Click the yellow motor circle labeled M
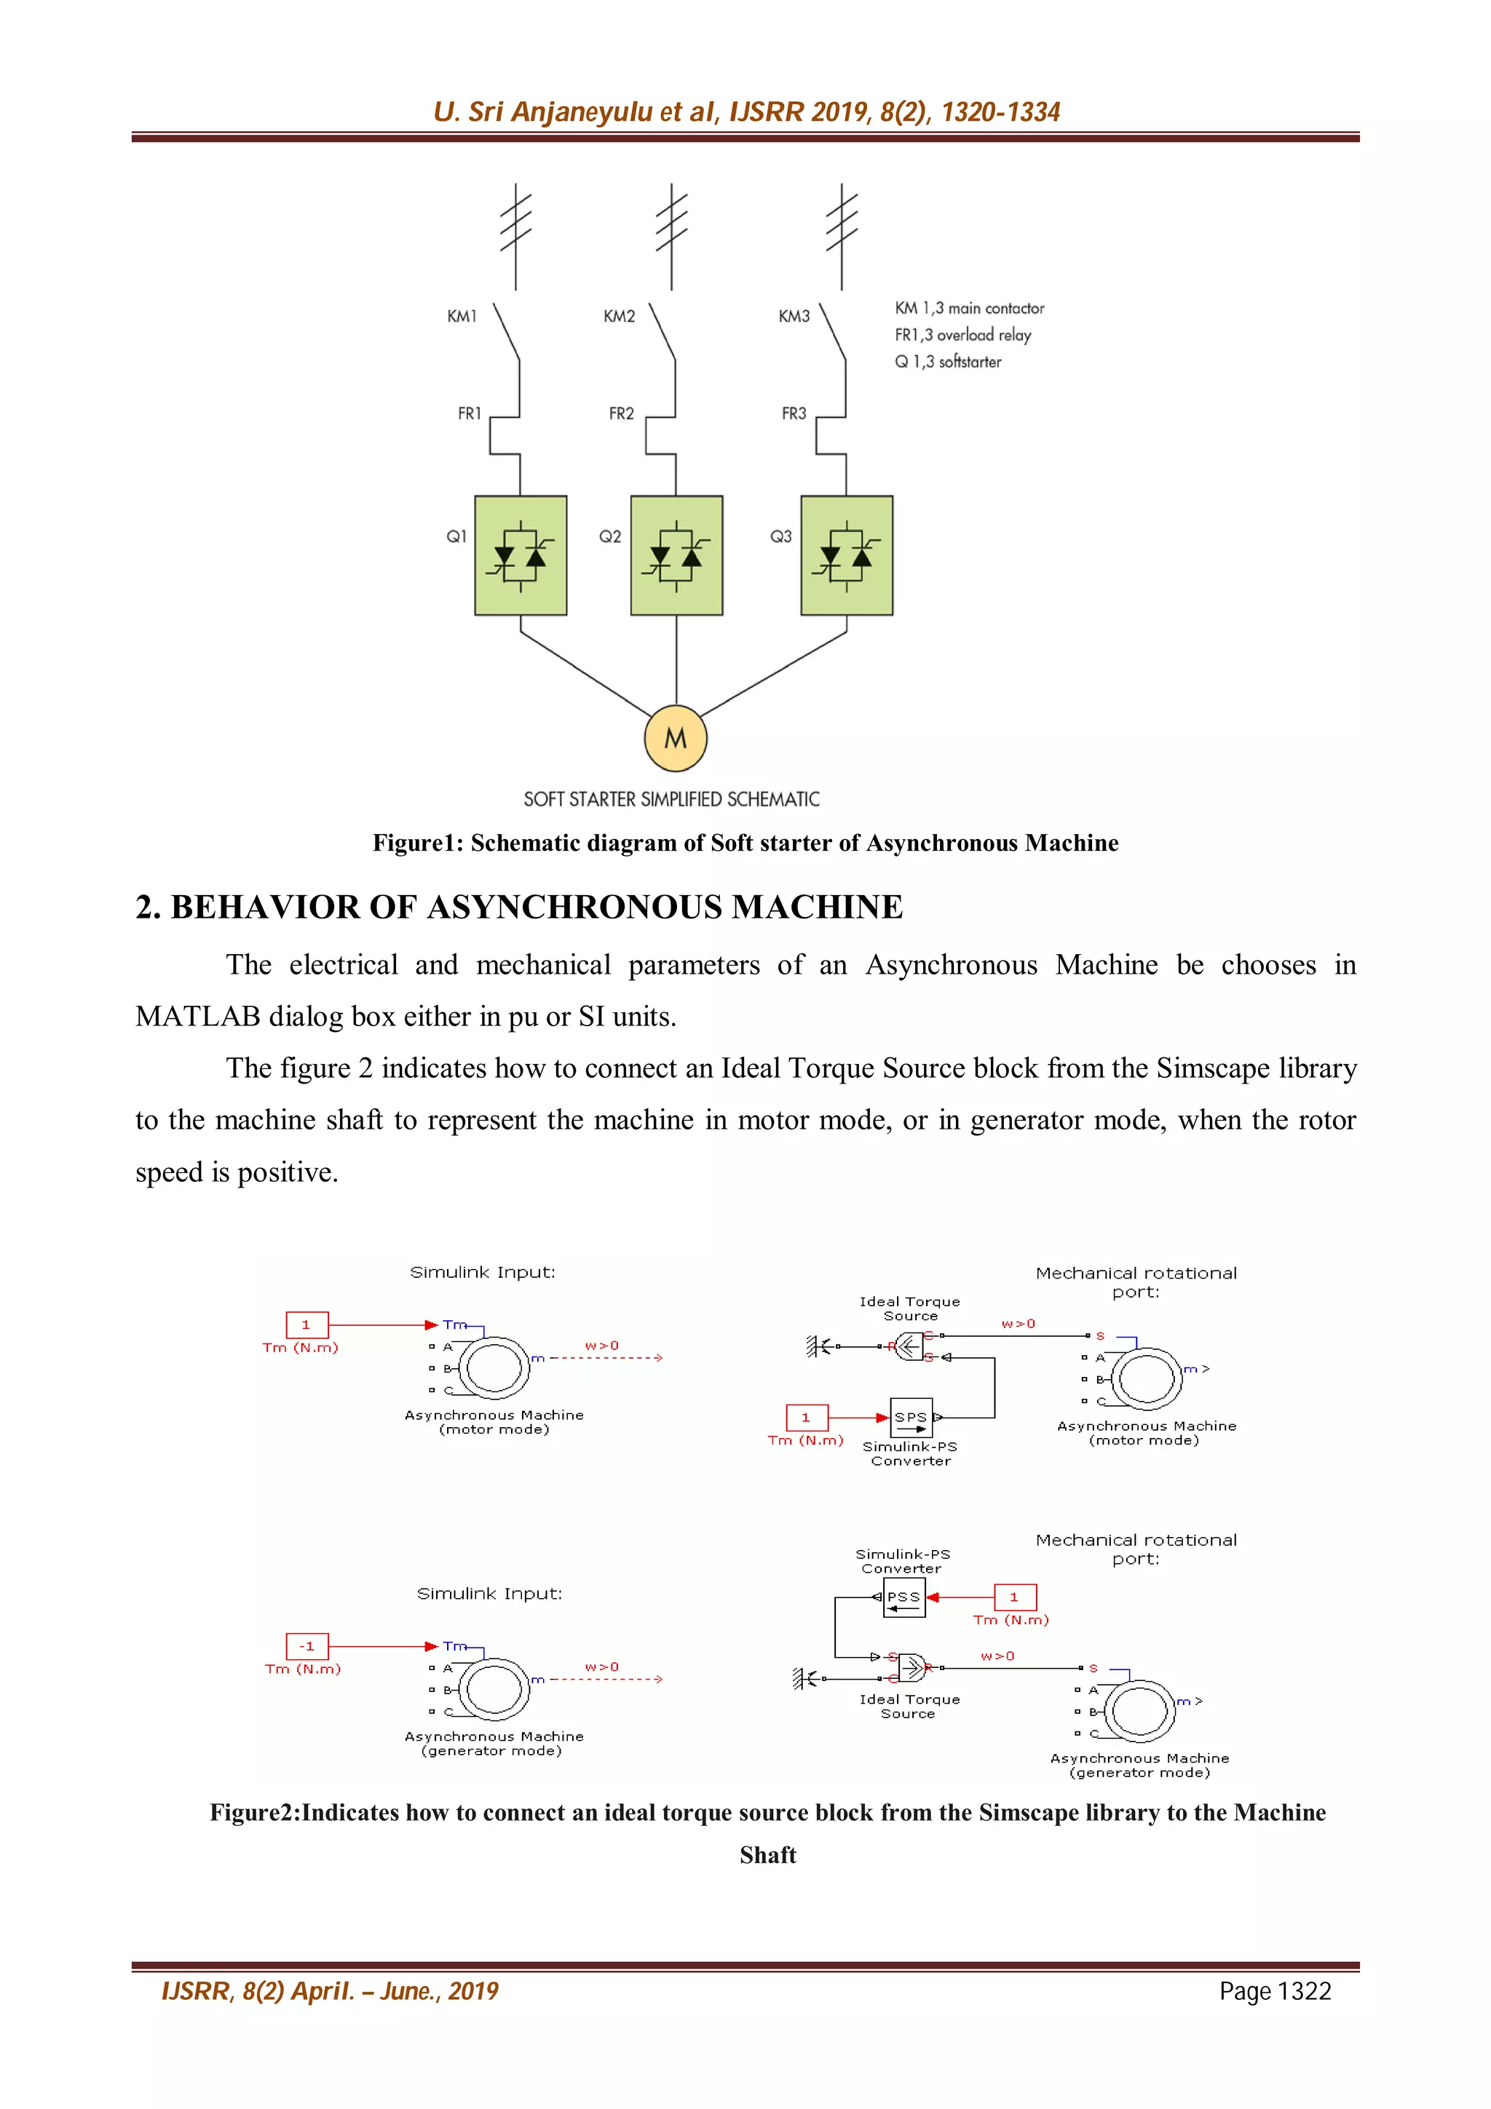pos(675,738)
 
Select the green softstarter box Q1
pos(520,555)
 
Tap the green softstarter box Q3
pos(846,555)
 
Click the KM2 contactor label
pos(618,316)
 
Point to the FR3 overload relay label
pos(794,413)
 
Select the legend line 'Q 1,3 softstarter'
pos(947,361)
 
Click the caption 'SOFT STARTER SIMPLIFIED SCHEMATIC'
pos(671,799)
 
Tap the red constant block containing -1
pos(306,1646)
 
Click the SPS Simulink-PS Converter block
pos(911,1418)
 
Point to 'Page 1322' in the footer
pos(1274,1990)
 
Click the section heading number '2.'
pos(148,907)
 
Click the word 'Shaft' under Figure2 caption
pos(767,1854)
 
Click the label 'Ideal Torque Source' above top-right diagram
pos(909,1308)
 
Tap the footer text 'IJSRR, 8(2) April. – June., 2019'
pos(330,1990)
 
